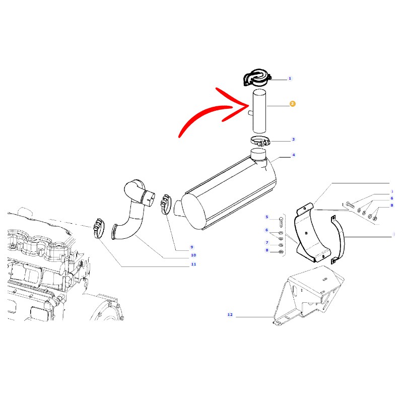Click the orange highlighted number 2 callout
[x=292, y=104]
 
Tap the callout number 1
[x=290, y=79]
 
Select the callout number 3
[x=293, y=140]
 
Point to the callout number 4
[x=294, y=155]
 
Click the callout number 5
[x=267, y=217]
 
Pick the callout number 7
[x=267, y=243]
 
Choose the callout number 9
[x=192, y=247]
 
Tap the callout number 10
[x=193, y=255]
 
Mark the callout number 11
[x=193, y=264]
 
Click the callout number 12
[x=230, y=314]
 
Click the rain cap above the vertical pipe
[x=257, y=77]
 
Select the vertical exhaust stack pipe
[x=259, y=111]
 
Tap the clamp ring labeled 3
[x=260, y=141]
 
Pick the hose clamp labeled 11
[x=99, y=228]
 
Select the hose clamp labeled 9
[x=166, y=205]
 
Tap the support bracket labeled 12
[x=308, y=296]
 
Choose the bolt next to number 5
[x=281, y=222]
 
